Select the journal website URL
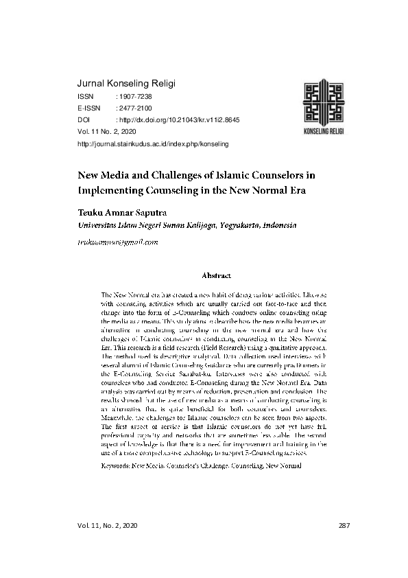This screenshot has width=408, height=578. [154, 144]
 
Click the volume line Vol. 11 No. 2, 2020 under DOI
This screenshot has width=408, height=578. [108, 130]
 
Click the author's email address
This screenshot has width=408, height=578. [119, 242]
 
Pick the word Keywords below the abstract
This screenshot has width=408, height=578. [115, 465]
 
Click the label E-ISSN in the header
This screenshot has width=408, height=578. [90, 108]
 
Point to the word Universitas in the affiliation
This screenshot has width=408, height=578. [103, 224]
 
